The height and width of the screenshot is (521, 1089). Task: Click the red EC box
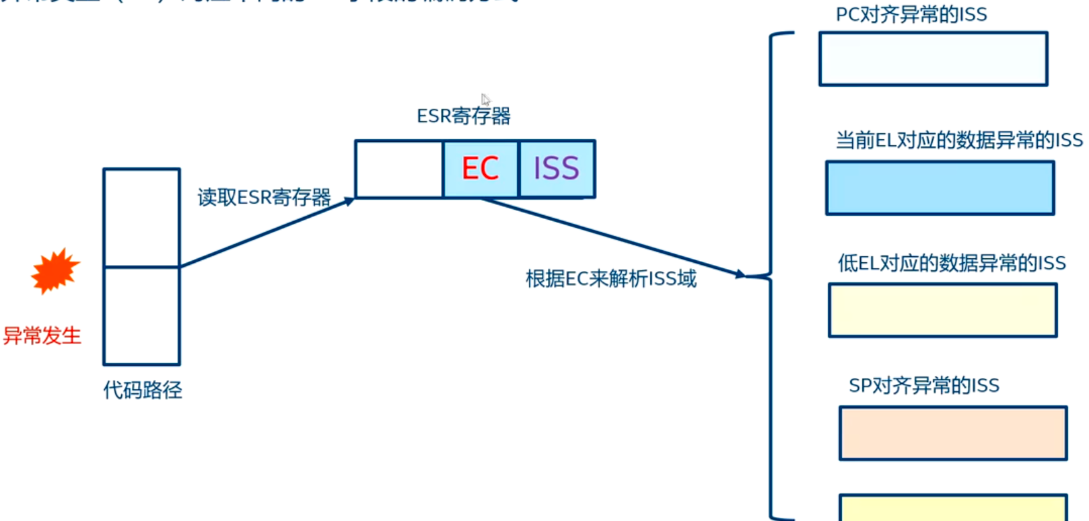[481, 169]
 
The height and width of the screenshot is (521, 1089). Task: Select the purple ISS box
[557, 169]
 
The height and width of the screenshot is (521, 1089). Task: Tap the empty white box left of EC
[399, 169]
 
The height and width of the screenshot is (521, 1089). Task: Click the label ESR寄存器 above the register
[464, 116]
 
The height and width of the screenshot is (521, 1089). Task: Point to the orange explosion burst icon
[55, 271]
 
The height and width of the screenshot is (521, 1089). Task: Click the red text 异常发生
[42, 335]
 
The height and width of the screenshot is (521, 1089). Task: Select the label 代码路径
[143, 390]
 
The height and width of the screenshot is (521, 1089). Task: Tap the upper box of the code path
[141, 217]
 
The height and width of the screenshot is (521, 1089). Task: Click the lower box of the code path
[141, 316]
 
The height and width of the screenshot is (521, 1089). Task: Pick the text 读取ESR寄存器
[264, 197]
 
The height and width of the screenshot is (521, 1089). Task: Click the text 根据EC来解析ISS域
[611, 278]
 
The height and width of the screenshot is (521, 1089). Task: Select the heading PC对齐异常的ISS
[911, 15]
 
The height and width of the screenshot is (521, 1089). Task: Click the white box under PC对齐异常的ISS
[933, 59]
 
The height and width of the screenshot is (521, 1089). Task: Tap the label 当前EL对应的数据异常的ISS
[959, 141]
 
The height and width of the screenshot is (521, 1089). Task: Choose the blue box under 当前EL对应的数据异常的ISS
[940, 188]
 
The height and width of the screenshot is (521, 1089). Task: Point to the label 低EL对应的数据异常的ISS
[952, 263]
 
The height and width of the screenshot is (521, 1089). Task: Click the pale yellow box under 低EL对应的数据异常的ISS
[942, 310]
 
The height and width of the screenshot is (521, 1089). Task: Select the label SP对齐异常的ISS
[924, 386]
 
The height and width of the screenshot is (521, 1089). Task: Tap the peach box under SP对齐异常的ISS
[953, 434]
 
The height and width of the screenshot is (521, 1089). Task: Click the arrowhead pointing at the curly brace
[740, 274]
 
